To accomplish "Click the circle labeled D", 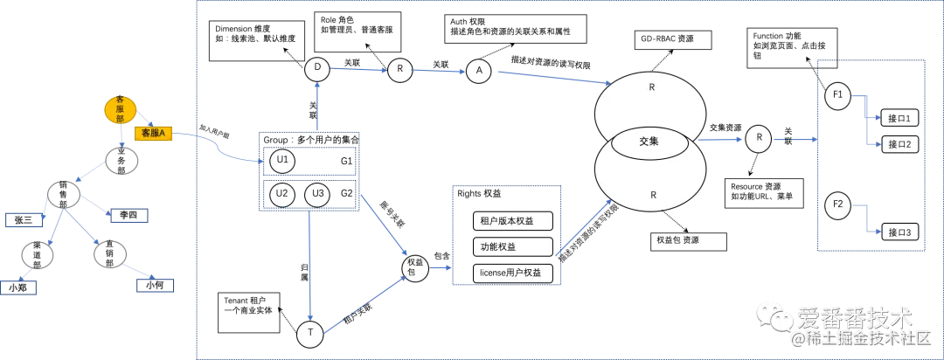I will tap(316, 66).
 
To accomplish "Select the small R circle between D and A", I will tap(399, 71).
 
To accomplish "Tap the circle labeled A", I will tap(478, 71).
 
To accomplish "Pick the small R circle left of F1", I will tap(759, 138).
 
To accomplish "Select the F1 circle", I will tap(837, 97).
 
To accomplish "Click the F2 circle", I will tap(837, 207).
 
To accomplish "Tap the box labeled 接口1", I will tap(899, 118).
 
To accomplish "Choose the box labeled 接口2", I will tap(899, 144).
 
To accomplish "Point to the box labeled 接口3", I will tap(899, 232).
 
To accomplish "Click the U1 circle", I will tap(281, 162).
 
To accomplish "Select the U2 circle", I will tap(281, 195).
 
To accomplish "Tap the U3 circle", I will tap(317, 195).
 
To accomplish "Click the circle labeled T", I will tap(309, 333).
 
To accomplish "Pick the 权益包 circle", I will tap(415, 268).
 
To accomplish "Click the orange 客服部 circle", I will tap(121, 109).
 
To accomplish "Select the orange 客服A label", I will tap(154, 133).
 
